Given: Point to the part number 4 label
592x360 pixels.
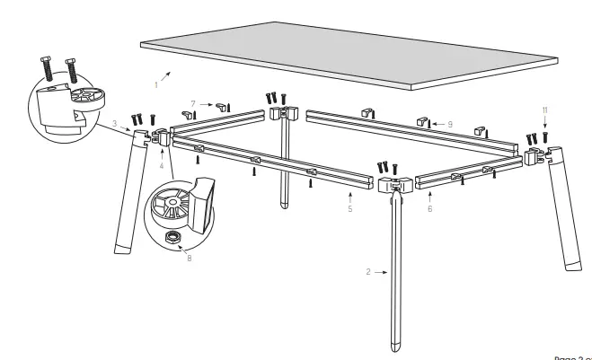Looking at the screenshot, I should click(161, 166).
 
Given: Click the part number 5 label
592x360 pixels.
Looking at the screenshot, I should click(349, 210).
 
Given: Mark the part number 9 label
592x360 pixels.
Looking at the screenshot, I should click(450, 122).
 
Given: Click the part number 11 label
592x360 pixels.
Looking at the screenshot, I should click(544, 110).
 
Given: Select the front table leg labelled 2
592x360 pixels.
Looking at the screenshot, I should click(394, 269).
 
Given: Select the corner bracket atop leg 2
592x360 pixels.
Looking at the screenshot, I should click(395, 184).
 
